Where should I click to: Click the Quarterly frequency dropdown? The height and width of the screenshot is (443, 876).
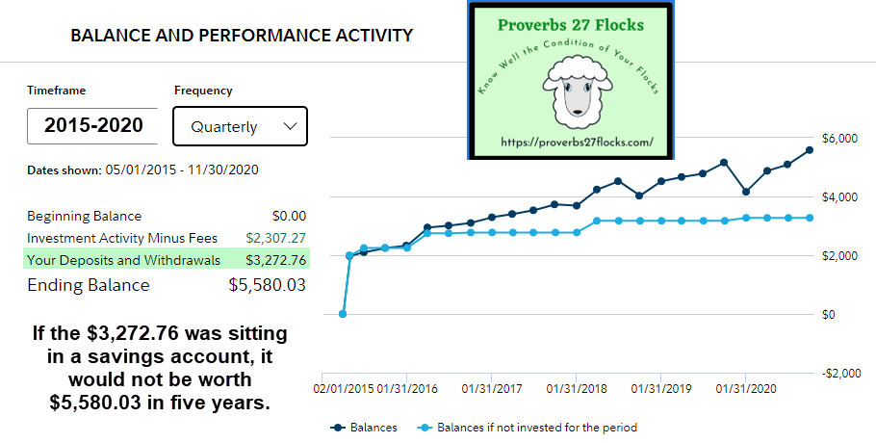pyautogui.click(x=240, y=126)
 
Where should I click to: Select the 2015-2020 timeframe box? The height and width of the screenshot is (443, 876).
pyautogui.click(x=93, y=125)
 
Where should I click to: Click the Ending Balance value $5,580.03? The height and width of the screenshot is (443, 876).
pyautogui.click(x=267, y=285)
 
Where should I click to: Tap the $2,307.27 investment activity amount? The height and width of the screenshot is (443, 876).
pyautogui.click(x=275, y=238)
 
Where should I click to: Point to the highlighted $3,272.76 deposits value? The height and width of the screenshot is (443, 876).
pyautogui.click(x=275, y=260)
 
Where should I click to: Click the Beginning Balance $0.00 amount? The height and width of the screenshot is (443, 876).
pyautogui.click(x=289, y=216)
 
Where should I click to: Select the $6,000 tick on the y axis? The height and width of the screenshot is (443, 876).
pyautogui.click(x=835, y=139)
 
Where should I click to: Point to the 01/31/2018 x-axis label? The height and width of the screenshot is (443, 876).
pyautogui.click(x=575, y=389)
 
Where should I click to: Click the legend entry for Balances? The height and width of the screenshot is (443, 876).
pyautogui.click(x=366, y=428)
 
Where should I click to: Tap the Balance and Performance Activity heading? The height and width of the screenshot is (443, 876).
pyautogui.click(x=242, y=36)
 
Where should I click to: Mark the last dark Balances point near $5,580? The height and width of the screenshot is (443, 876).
pyautogui.click(x=810, y=149)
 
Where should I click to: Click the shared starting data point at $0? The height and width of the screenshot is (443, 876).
pyautogui.click(x=343, y=314)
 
